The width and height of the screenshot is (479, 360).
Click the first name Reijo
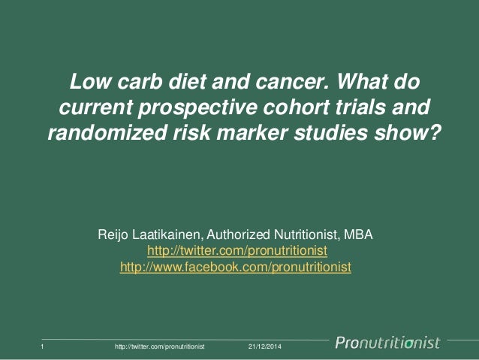[114, 234]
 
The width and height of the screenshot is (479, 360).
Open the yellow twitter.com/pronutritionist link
[238, 250]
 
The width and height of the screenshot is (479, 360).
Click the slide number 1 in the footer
[42, 347]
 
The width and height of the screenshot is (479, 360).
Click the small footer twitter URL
[159, 347]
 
